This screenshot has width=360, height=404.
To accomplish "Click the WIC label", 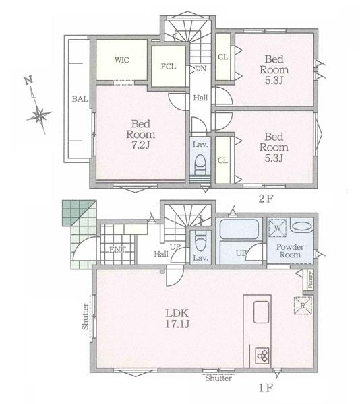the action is pos(122,60).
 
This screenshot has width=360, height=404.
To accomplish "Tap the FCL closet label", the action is pos(169,67).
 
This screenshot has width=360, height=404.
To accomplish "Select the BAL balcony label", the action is pos(80,99).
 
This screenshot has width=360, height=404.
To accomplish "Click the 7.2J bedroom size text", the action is pos(141,145).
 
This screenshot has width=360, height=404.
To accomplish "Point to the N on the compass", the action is pos(28,81).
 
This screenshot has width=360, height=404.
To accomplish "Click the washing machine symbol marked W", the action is pos(278,228).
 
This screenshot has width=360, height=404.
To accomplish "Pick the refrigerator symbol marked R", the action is pos(303,306).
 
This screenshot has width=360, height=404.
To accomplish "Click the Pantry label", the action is pos(310,280).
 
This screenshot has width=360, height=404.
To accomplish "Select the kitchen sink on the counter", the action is pos(261,312).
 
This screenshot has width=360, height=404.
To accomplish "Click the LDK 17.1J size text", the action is pos(177,318).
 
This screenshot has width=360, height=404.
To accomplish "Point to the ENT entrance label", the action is pos(117,250).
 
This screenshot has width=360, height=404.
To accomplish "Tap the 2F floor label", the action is pos(266,199).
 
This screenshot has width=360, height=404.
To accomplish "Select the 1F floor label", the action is pos(266,387).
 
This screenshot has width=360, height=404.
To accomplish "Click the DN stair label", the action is pos(201,69).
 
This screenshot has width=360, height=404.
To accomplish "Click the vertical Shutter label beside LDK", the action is pos(86,316).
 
